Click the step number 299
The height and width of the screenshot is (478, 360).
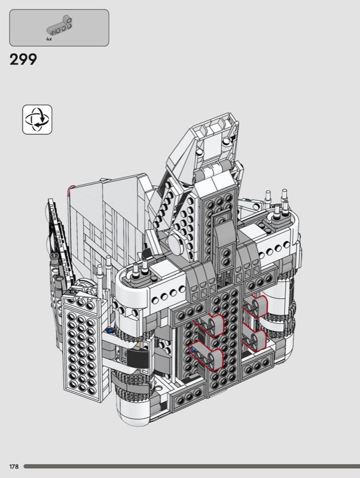point(23,59)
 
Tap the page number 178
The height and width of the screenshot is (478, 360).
point(14,467)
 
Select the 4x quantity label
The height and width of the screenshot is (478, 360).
point(49,39)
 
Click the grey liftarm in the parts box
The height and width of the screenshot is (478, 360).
point(60,26)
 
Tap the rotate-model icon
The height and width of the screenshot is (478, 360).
point(37,119)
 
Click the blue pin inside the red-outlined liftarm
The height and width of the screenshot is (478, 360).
point(192,347)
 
